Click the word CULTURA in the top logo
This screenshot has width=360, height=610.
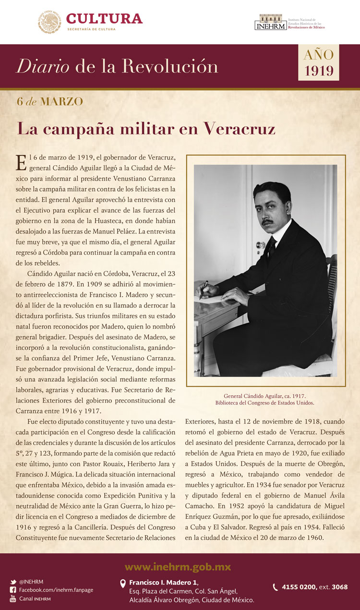click(104, 19)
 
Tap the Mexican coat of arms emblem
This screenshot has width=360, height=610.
click(49, 22)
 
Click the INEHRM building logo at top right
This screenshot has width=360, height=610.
click(271, 22)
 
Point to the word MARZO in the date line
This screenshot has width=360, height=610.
click(62, 101)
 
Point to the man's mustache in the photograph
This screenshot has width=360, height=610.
click(267, 222)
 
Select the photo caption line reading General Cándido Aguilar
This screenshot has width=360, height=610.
click(265, 396)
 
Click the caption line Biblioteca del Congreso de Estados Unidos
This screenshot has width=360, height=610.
click(265, 403)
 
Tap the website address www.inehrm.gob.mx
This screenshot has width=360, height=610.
click(180, 567)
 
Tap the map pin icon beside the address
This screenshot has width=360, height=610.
click(123, 584)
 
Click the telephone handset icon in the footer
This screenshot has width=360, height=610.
click(276, 587)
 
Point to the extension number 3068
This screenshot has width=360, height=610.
click(339, 587)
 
